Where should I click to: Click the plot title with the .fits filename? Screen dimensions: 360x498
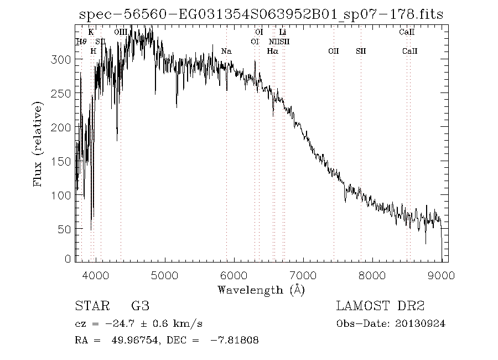[x=261, y=15]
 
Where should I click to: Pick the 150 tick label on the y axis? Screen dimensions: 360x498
[x=65, y=161]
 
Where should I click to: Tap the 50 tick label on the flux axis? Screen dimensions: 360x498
[x=68, y=229]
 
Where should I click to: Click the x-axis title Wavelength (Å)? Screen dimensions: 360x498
[x=261, y=290]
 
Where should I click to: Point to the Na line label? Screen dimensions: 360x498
[x=226, y=52]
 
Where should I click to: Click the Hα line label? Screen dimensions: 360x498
[x=272, y=52]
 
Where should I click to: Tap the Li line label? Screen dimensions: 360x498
[x=282, y=33]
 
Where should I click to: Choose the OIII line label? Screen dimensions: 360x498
[x=121, y=33]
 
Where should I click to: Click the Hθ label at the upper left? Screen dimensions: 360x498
[x=81, y=42]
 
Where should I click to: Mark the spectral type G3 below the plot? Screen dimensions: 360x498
[x=139, y=306]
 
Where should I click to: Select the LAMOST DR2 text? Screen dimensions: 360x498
[x=380, y=306]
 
